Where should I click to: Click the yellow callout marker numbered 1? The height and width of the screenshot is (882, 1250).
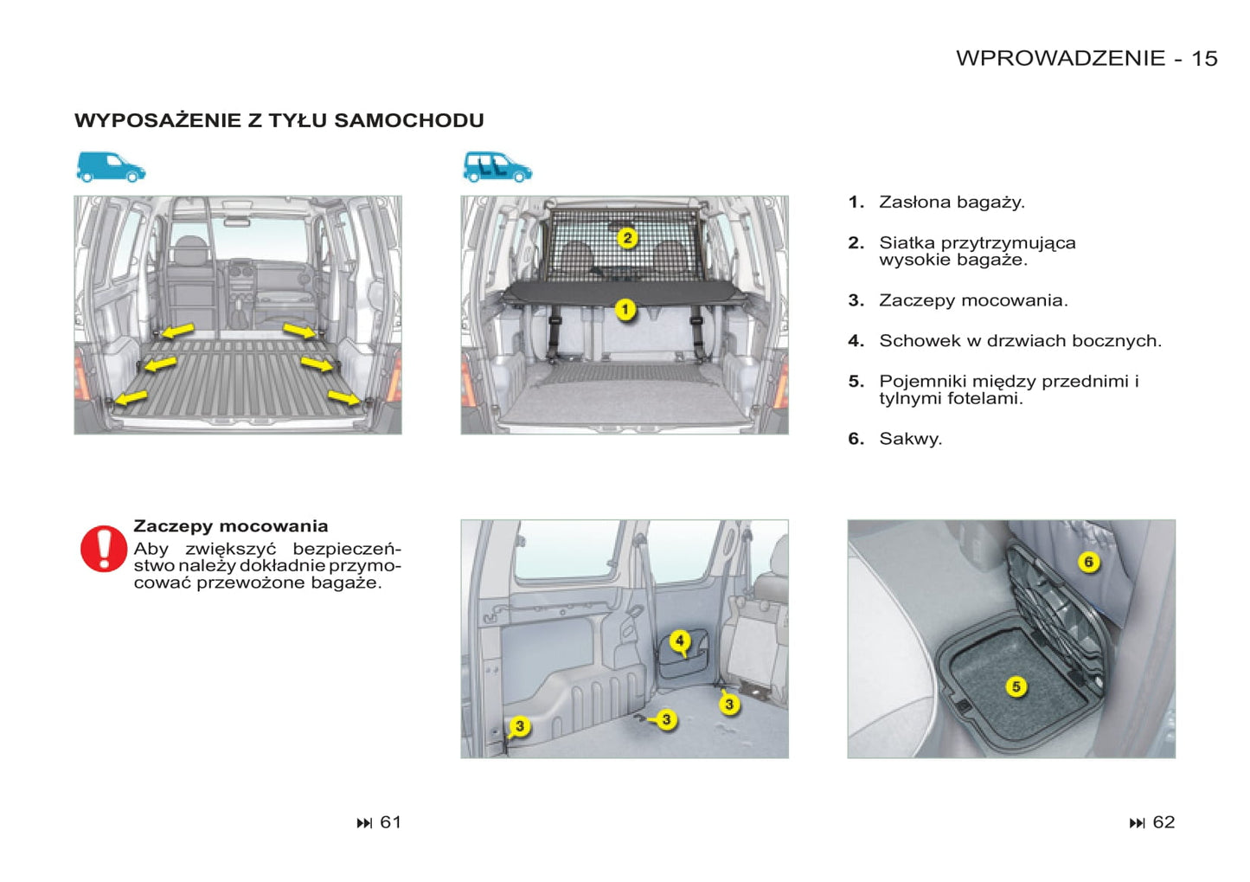625,309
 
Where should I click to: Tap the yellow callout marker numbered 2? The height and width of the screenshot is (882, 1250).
628,238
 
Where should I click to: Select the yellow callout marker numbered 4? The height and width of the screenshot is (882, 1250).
680,641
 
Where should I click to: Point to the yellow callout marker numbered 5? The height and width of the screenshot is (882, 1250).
1016,686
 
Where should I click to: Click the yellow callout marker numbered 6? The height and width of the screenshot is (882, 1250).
1089,562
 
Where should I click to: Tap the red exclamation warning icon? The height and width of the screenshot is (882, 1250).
104,549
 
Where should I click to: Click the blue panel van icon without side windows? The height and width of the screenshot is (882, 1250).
111,167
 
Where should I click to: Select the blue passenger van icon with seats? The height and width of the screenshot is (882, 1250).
497,167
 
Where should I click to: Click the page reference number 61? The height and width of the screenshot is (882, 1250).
391,822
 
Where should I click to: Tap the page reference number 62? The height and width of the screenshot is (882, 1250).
1163,822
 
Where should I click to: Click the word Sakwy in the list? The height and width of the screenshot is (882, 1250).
909,439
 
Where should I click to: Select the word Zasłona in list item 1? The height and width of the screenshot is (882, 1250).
914,202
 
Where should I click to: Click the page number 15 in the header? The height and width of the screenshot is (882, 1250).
1204,59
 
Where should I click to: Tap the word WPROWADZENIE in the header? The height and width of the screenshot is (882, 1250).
1061,59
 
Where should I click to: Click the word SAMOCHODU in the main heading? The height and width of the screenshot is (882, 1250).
409,120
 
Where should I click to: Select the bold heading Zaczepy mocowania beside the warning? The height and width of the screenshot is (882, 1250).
231,526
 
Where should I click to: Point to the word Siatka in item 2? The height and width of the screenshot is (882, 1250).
907,243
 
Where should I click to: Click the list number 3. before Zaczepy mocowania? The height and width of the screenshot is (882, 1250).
856,300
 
